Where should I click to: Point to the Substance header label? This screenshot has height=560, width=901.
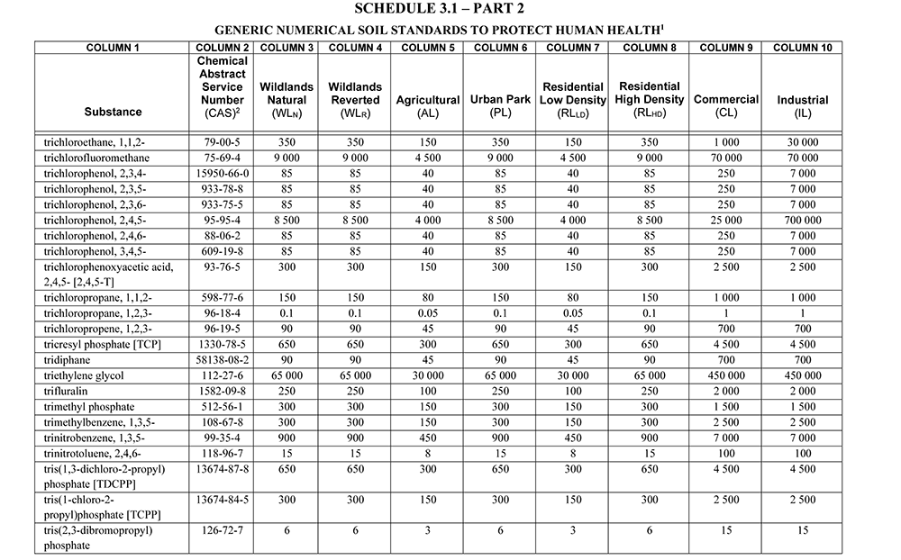[x=113, y=112]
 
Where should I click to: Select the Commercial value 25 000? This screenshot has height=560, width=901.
[x=726, y=221]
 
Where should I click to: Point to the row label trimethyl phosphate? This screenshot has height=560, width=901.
[x=87, y=406]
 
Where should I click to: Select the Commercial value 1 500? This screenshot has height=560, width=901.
[x=726, y=406]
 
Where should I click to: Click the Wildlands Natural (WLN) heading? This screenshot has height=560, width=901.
[x=287, y=101]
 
